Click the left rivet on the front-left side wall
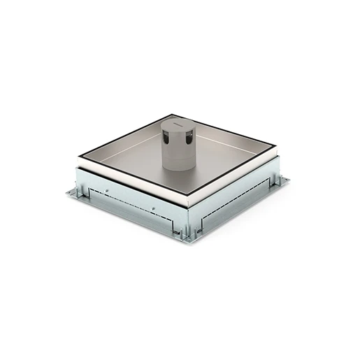108,189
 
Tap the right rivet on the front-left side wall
153,208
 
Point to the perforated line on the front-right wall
234,208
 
